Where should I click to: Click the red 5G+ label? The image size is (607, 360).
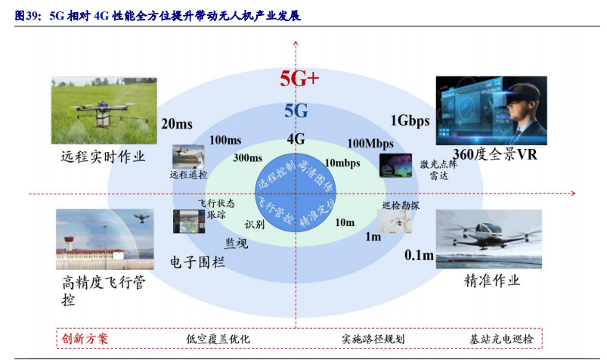click(x=300, y=78)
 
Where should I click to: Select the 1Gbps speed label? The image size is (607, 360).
click(x=409, y=120)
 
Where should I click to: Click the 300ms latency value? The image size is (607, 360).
click(x=248, y=158)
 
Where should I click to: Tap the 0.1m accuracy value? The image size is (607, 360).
click(x=419, y=255)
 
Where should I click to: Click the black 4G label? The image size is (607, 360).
click(x=296, y=138)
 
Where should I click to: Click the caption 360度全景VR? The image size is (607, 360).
click(x=491, y=154)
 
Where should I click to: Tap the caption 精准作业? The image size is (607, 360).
click(x=492, y=280)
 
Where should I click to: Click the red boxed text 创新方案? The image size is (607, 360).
click(x=85, y=338)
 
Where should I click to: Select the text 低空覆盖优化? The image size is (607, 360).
click(x=218, y=338)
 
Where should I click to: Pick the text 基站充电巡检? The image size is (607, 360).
click(x=501, y=338)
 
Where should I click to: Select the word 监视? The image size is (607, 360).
click(x=235, y=243)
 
